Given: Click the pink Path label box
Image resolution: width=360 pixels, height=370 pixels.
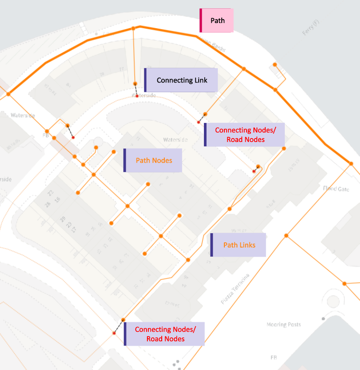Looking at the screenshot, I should click(217, 20).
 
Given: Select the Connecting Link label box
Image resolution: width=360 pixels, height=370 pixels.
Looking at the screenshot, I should click(181, 80).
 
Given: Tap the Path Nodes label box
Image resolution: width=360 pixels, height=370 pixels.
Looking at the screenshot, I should click(153, 160).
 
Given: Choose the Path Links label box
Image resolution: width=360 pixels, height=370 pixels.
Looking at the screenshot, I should click(239, 245).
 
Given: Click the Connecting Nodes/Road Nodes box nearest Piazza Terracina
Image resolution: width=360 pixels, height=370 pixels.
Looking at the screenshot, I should click(165, 334).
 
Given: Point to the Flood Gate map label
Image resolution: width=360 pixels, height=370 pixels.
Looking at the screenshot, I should click(336, 189).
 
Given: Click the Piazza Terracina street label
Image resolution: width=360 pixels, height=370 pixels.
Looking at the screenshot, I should click(235, 289).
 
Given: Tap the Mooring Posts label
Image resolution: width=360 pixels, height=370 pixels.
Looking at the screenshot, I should click(283, 324).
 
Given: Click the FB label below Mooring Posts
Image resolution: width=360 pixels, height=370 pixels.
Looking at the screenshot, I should click(273, 357).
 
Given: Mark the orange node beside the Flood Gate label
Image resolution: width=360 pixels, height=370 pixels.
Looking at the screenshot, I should click(350, 163).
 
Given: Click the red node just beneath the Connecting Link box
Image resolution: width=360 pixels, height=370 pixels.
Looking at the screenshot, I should click(137, 96).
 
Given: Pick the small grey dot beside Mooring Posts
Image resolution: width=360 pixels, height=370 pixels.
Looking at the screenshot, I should click(323, 319).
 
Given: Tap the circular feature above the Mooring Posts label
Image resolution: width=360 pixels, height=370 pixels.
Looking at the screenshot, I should click(333, 301).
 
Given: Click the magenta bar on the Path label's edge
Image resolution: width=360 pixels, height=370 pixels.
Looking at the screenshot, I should click(201, 20).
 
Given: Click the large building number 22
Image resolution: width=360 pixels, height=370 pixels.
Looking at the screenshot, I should click(50, 193).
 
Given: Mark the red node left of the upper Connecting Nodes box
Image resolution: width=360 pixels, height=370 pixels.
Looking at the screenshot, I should click(199, 122).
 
